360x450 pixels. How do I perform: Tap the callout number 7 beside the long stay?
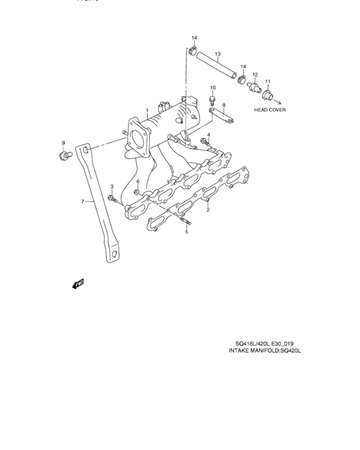[x=82, y=202]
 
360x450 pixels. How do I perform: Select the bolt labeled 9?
[x=64, y=156]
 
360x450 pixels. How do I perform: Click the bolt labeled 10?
[x=212, y=100]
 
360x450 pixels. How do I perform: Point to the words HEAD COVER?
[x=269, y=110]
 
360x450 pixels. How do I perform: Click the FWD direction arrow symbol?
[x=78, y=283]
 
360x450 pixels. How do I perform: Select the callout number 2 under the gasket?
[x=208, y=210]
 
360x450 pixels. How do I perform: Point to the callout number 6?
[x=137, y=182]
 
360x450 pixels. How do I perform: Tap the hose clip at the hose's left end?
[x=194, y=50]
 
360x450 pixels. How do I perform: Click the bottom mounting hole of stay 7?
[x=113, y=255]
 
